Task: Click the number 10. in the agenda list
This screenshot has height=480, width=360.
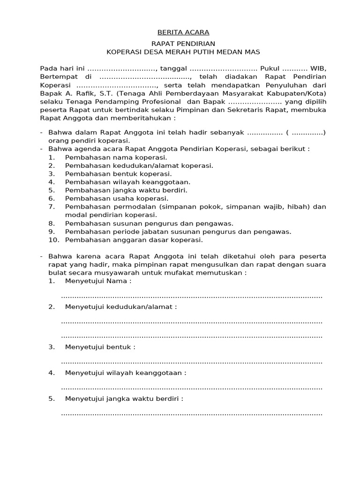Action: click(x=53, y=240)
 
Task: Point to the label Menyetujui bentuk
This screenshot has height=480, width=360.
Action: click(x=100, y=347)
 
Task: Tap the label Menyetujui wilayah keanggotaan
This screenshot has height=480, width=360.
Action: click(x=126, y=373)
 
